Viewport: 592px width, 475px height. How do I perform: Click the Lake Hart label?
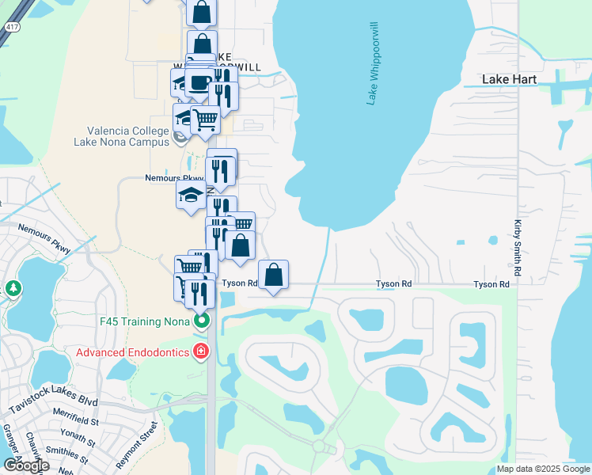(510, 80)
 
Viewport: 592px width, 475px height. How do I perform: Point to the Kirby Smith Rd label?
(518, 248)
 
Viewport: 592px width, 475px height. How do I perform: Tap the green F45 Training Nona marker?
(203, 321)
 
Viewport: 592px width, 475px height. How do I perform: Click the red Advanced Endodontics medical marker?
(202, 351)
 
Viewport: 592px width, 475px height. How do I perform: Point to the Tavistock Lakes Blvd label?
(53, 404)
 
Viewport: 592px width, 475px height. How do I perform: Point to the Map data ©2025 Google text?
(543, 469)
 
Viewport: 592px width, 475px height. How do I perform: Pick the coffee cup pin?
(201, 81)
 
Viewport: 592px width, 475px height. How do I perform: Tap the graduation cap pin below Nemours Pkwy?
(191, 195)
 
